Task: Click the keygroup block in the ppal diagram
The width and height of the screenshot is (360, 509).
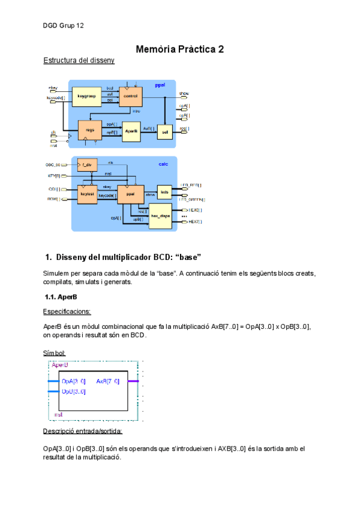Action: coord(87,96)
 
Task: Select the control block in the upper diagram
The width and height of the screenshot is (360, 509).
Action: coord(130,96)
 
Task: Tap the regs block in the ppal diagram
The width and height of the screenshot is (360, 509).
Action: coord(90,129)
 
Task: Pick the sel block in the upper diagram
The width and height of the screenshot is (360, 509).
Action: coord(164,130)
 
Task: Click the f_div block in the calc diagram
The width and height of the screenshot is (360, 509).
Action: coord(87,164)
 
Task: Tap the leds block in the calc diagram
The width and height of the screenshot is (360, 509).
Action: coord(164,192)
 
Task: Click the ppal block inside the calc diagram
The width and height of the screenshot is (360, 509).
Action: coord(130,194)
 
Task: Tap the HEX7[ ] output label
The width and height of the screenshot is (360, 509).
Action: coord(194,221)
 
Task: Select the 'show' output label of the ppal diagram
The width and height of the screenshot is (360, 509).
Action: coord(184,94)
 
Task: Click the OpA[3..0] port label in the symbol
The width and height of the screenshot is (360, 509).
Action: coord(73,381)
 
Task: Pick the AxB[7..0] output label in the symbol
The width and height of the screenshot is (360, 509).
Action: coord(108,381)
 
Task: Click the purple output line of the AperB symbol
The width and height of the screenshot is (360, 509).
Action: coord(133,381)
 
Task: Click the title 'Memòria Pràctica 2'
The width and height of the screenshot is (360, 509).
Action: coord(180,49)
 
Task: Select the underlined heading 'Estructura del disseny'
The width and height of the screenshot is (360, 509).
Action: coord(79,61)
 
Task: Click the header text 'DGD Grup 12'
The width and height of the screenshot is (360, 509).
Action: coord(63,26)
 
